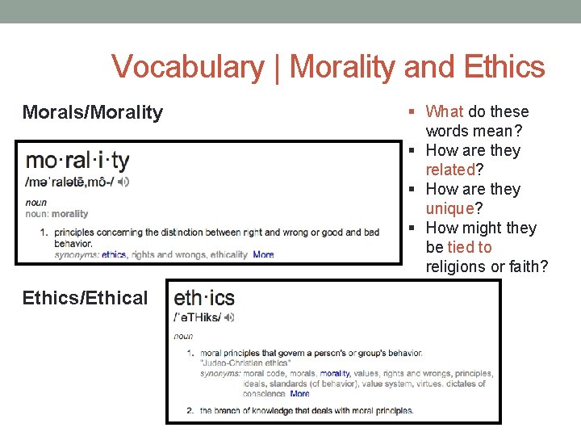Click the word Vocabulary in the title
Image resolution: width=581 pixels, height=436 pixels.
186,67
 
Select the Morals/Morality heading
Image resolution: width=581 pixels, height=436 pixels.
93,112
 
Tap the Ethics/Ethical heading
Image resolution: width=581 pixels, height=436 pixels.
86,298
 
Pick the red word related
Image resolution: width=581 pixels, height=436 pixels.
450,170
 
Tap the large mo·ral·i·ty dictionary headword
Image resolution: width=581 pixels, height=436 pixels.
77,161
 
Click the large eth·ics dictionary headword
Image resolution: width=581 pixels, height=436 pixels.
204,297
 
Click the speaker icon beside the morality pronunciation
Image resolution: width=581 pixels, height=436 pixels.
123,182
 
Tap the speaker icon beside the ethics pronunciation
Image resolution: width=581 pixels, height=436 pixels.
229,317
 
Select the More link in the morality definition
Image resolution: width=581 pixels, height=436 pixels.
263,254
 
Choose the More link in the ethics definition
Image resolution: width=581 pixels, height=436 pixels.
299,394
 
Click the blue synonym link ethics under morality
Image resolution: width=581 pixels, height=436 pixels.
114,254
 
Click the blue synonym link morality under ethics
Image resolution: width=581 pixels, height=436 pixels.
335,374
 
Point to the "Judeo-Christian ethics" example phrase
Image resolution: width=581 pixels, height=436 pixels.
245,363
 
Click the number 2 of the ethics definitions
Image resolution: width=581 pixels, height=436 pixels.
190,410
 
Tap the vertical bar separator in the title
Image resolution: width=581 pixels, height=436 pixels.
276,67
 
